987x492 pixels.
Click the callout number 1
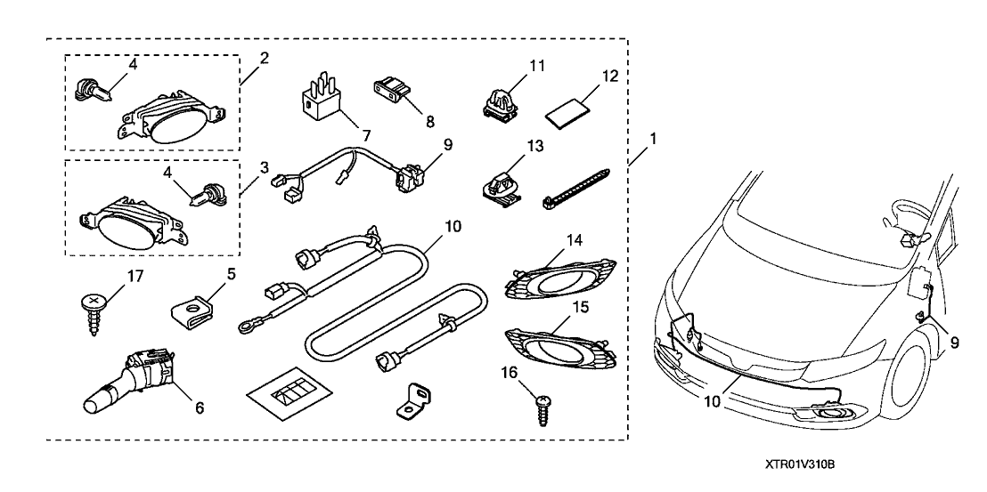654,139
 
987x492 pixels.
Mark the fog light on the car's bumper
833,414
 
